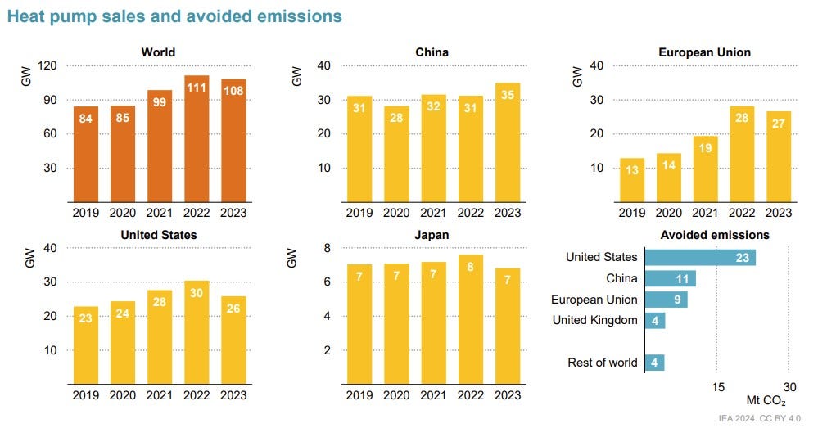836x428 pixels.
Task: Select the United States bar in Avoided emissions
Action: pos(699,258)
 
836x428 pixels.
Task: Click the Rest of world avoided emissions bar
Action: pos(654,362)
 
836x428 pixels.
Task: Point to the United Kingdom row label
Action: pos(594,320)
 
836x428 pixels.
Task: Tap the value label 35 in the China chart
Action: pos(508,95)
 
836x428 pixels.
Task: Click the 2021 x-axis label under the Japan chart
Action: pos(433,394)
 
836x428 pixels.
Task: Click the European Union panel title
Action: pos(704,52)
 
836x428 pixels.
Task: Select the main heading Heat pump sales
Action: pos(174,16)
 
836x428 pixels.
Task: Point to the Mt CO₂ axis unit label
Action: pos(766,401)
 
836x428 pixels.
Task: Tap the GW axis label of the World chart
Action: pos(25,79)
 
